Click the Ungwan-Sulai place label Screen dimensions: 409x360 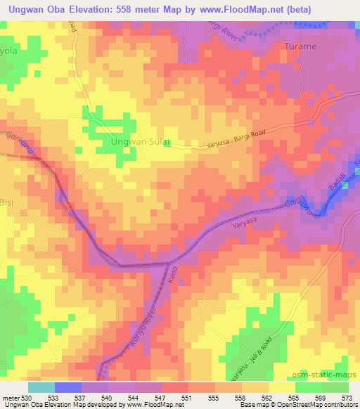(x=138, y=142)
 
